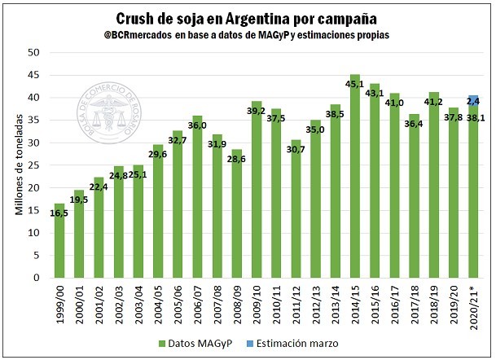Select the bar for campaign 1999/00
pyautogui.click(x=59, y=244)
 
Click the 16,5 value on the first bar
pyautogui.click(x=58, y=213)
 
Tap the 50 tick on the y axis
pyautogui.click(x=34, y=52)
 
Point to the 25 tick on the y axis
pyautogui.click(x=34, y=165)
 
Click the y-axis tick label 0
pyautogui.click(x=37, y=278)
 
